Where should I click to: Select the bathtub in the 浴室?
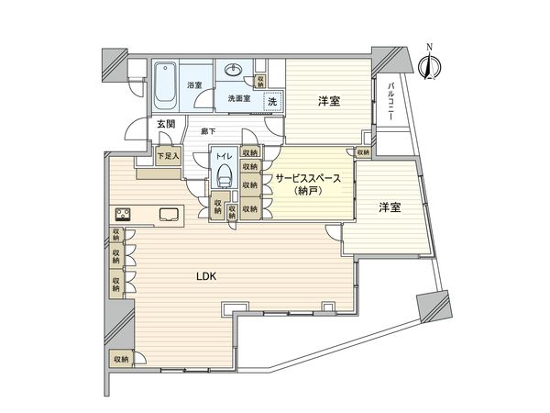pos(166,84)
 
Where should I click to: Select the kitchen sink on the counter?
pos(169,215)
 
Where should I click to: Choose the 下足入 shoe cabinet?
pos(168,157)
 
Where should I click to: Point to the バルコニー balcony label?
pos(391,100)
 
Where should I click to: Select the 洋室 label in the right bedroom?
pos(390,208)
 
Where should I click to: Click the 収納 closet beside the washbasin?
pos(263,81)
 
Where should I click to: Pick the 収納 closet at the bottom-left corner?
pos(120,360)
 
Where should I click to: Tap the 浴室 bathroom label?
pos(193,85)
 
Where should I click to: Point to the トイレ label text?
pos(225,157)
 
